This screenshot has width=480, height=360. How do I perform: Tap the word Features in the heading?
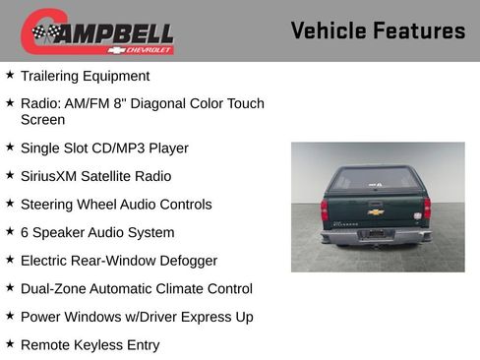(x=419, y=31)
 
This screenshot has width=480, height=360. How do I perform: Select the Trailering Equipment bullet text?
(x=85, y=76)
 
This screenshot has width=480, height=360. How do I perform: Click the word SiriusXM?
(x=51, y=176)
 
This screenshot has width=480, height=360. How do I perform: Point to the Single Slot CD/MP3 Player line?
(x=104, y=148)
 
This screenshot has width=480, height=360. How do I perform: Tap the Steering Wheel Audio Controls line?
(x=116, y=205)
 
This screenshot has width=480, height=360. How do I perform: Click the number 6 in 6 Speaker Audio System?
(x=25, y=233)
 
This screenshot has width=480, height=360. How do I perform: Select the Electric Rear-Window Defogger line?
(x=119, y=261)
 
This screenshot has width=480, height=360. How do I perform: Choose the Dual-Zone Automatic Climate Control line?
(x=137, y=289)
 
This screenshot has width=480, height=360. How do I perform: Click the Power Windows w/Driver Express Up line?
(x=137, y=317)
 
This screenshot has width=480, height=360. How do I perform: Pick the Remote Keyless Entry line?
(x=90, y=345)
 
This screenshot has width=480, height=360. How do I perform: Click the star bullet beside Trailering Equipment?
(x=10, y=75)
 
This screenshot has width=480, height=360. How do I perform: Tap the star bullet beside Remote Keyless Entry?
(x=10, y=344)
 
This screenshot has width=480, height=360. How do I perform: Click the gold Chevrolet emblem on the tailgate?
(x=376, y=211)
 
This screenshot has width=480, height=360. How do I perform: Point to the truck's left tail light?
(x=325, y=210)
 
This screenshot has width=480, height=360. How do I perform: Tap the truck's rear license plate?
(x=375, y=234)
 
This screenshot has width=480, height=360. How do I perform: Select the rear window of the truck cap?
(x=376, y=181)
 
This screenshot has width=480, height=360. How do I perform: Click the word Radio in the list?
(x=37, y=103)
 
